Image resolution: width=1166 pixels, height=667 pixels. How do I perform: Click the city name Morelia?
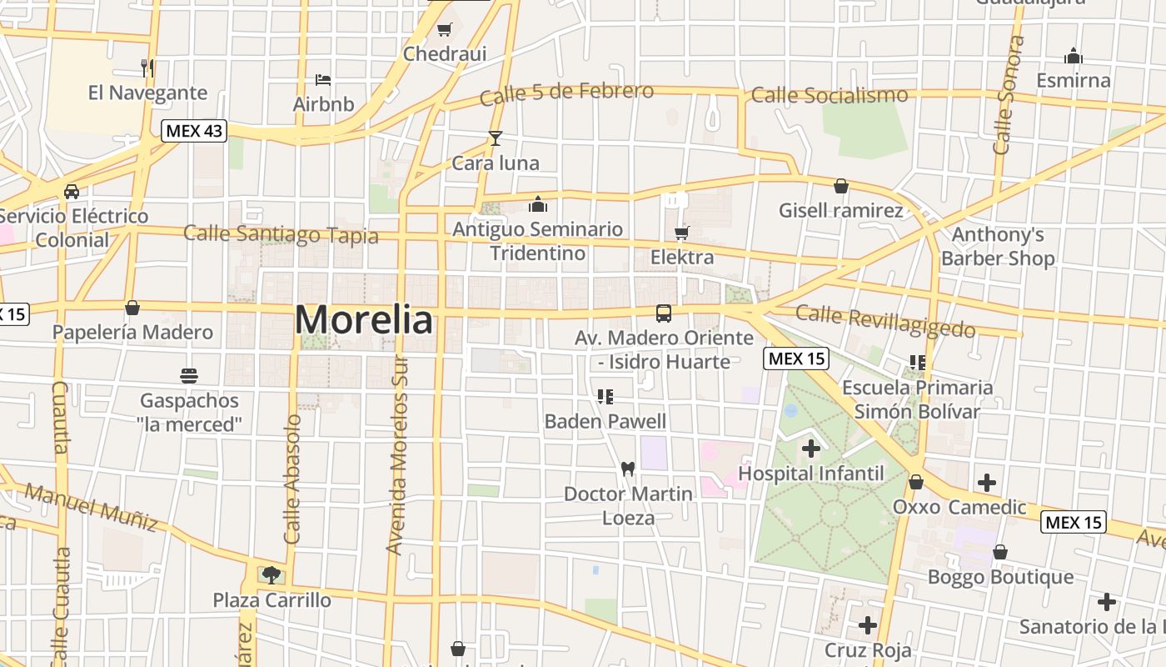(x=364, y=320)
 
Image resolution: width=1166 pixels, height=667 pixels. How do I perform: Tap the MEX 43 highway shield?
(x=194, y=131)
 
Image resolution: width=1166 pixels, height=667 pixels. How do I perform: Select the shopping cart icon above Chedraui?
(x=445, y=30)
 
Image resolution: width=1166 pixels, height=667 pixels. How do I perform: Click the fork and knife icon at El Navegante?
(x=147, y=68)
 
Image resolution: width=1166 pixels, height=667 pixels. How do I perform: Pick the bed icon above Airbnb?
(x=323, y=80)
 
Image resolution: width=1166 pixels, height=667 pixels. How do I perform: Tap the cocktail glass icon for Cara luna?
(x=496, y=138)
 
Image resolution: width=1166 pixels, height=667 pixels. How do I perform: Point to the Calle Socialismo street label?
(x=830, y=95)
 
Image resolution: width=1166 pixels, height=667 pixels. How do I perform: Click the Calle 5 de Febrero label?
(x=567, y=93)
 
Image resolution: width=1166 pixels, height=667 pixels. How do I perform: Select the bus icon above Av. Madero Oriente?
(x=664, y=313)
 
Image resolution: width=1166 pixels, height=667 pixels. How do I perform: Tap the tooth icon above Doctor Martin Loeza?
(x=628, y=469)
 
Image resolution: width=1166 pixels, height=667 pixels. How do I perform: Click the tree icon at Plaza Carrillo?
(x=271, y=574)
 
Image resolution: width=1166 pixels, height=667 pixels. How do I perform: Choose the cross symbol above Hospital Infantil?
(x=810, y=449)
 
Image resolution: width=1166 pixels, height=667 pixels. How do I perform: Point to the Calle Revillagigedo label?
(x=885, y=320)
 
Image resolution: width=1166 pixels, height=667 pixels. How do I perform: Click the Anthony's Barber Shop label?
(x=998, y=247)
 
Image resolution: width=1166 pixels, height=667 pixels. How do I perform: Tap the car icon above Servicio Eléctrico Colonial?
(x=72, y=192)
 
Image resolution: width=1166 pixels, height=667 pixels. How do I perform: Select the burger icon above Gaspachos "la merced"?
(x=189, y=376)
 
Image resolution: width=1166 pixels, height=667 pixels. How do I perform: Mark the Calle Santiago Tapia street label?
(x=281, y=234)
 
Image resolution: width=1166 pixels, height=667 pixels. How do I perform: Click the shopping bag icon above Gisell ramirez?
(x=841, y=186)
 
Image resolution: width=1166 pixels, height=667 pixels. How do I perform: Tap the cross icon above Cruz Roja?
(x=868, y=624)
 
